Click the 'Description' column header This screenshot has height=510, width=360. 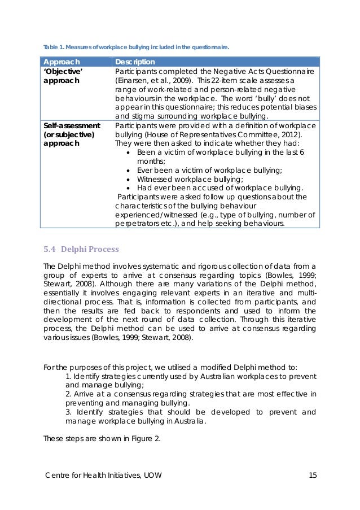click(135, 62)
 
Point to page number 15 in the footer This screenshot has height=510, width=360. click(312, 475)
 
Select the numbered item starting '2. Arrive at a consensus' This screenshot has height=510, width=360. click(191, 399)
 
